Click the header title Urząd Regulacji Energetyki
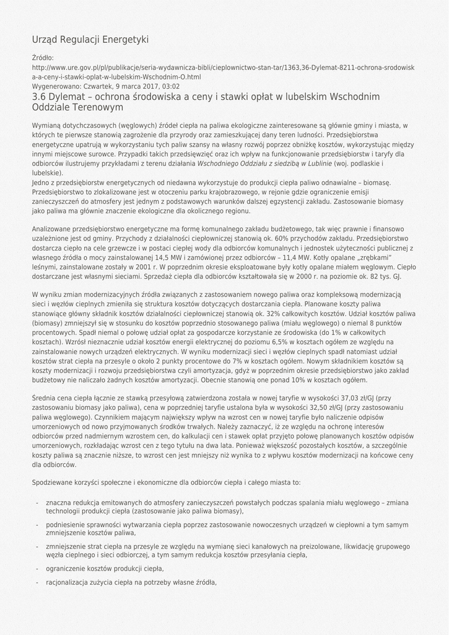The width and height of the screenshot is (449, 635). tap(90, 40)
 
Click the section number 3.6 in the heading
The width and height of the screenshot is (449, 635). tap(39, 97)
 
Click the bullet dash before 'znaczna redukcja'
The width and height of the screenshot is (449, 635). tap(38, 502)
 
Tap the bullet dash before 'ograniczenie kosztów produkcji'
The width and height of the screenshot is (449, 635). tap(38, 568)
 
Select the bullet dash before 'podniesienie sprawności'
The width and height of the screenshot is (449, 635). tap(38, 524)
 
